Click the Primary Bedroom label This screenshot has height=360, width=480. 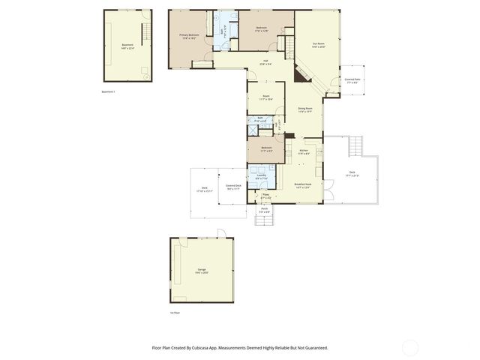pyautogui.click(x=189, y=36)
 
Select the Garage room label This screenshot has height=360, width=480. pyautogui.click(x=202, y=269)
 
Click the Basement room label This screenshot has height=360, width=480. pyautogui.click(x=127, y=45)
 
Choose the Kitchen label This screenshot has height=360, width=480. pyautogui.click(x=304, y=151)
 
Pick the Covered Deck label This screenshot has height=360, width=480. pyautogui.click(x=233, y=187)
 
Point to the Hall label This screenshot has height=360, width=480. pyautogui.click(x=265, y=62)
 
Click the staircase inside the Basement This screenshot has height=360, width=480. pyautogui.click(x=147, y=30)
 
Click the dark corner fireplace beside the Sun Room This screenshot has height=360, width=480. pyautogui.click(x=301, y=73)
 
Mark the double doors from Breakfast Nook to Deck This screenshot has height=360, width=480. pyautogui.click(x=325, y=193)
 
